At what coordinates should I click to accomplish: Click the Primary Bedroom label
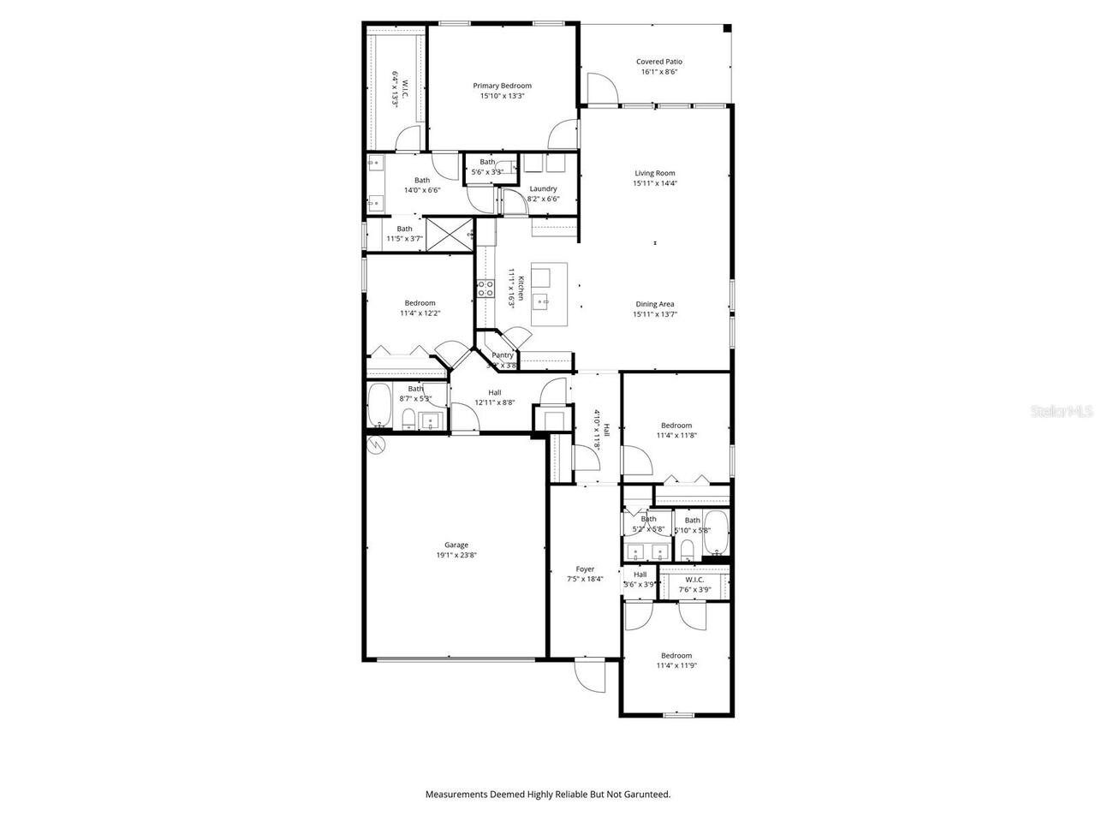tap(503, 86)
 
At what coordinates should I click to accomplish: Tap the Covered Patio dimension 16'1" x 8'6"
tap(659, 72)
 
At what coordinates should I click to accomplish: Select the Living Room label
tap(655, 173)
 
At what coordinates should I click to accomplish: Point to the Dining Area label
tap(655, 304)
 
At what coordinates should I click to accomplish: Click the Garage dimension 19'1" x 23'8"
tap(456, 555)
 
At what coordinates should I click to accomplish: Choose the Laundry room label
tap(543, 188)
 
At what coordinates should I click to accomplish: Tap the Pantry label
tap(503, 355)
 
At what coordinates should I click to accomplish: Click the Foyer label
tap(585, 569)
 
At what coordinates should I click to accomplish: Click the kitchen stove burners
tap(485, 289)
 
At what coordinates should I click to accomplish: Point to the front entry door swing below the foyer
tap(590, 676)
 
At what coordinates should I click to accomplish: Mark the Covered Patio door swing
tap(600, 86)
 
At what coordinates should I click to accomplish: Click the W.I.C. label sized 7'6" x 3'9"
tap(694, 580)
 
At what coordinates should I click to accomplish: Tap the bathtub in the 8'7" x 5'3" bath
tap(379, 407)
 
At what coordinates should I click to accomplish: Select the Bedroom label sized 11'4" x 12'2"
tap(420, 303)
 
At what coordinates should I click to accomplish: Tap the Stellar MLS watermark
tap(1062, 411)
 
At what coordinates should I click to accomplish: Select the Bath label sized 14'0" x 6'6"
tap(422, 180)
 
